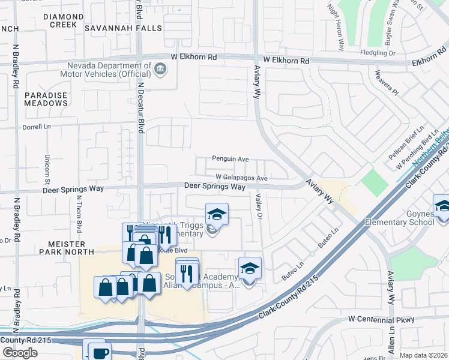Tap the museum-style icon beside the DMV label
160,69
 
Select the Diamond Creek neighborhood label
59,20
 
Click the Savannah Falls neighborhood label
123,28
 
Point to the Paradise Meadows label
46,99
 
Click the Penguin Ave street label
230,159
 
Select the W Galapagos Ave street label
241,178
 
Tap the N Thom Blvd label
79,216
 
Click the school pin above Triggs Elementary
217,214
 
